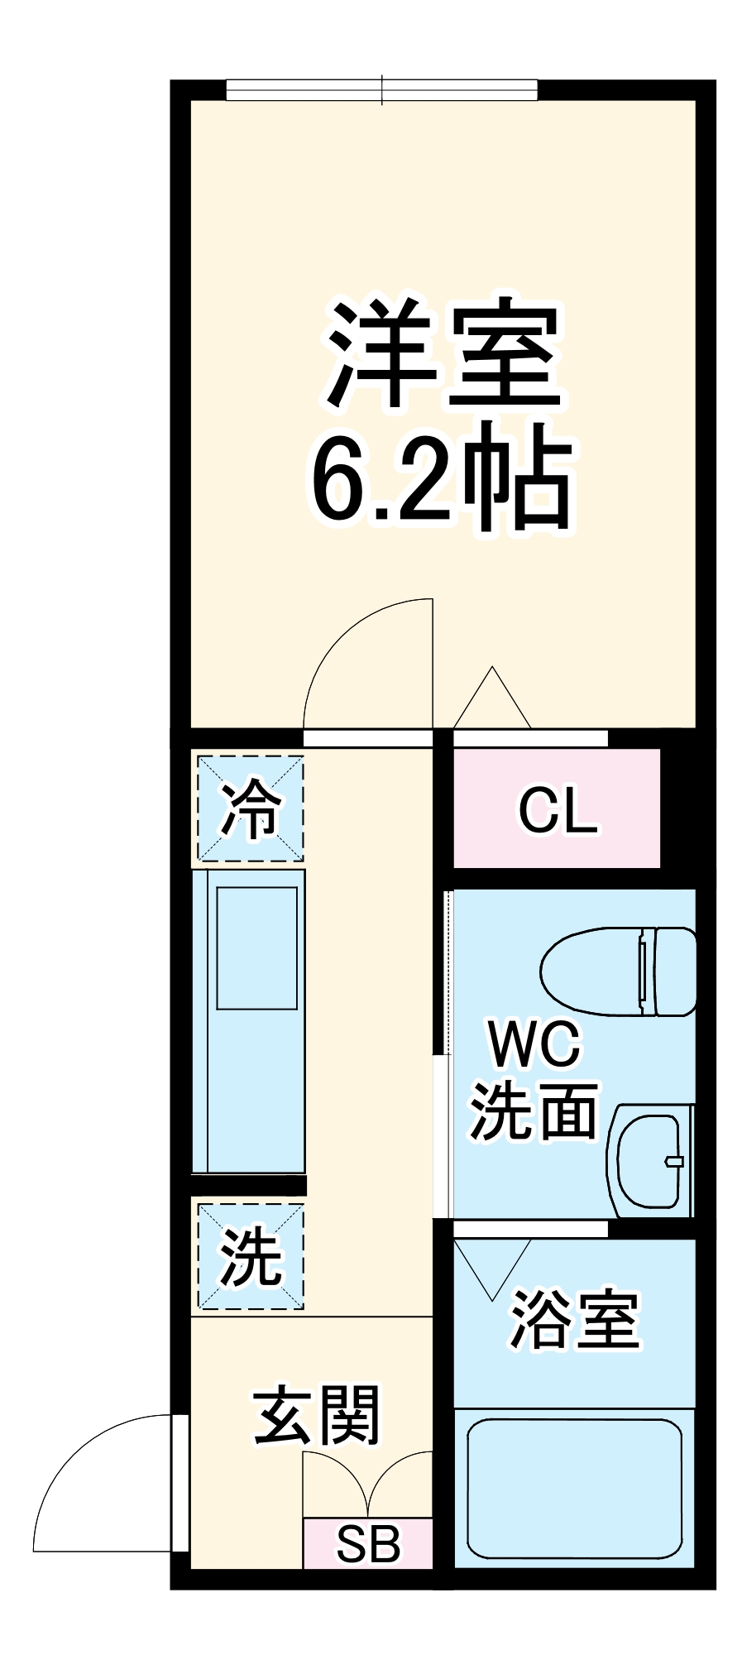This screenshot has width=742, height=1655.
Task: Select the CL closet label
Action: (x=557, y=811)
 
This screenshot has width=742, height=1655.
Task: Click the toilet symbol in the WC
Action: (x=619, y=970)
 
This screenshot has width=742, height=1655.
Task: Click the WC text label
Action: (x=535, y=1044)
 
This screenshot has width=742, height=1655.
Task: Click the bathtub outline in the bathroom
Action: (x=574, y=1486)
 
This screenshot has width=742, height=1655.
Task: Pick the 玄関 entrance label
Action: (x=317, y=1415)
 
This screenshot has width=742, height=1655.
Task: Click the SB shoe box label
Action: (x=367, y=1543)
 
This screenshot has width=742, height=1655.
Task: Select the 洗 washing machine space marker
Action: (x=250, y=1257)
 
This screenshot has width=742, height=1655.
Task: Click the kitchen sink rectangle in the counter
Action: (x=256, y=947)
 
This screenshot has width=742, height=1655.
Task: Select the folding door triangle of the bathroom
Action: (x=491, y=1266)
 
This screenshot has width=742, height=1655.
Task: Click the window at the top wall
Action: (x=381, y=89)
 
